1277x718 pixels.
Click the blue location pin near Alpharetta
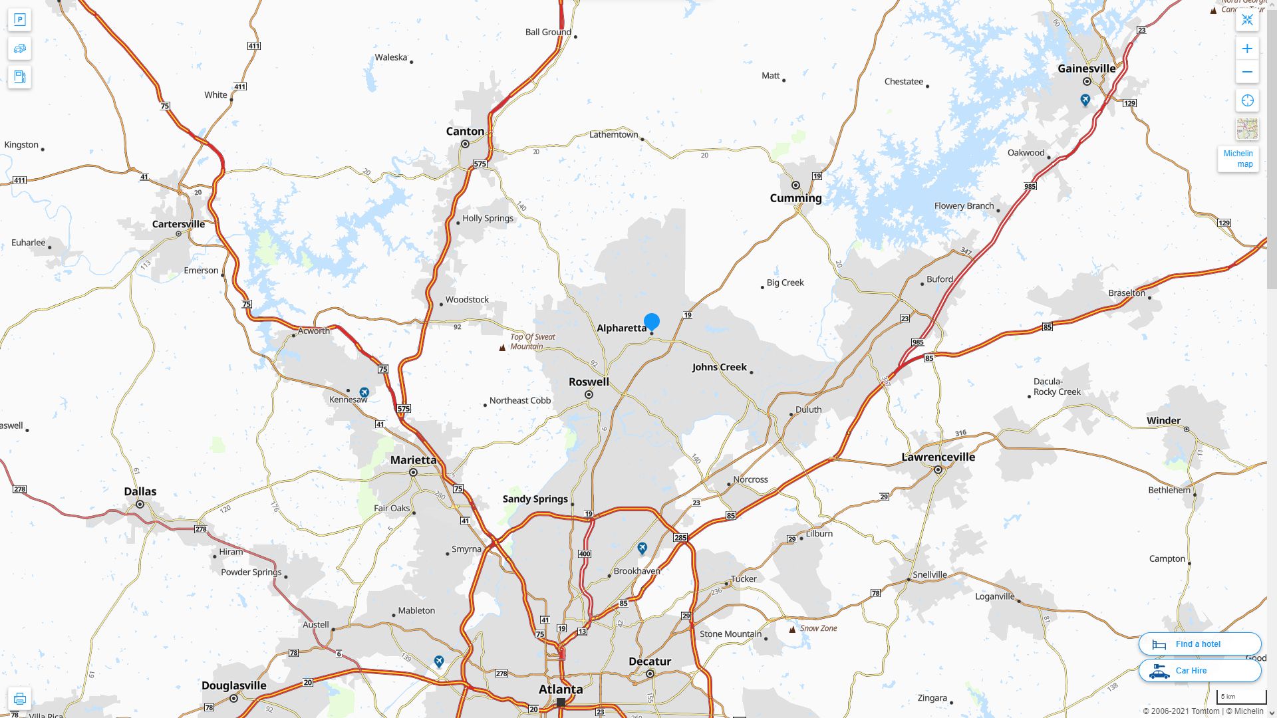coord(652,322)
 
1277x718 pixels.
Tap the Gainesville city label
coord(1086,68)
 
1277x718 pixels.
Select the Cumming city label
coord(795,198)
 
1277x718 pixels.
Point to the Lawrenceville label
coord(938,457)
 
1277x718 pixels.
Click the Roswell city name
coord(589,382)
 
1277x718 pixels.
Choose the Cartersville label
coord(178,224)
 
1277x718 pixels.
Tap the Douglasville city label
coord(233,685)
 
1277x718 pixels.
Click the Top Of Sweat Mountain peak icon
coord(502,347)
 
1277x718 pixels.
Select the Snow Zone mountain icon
coord(792,629)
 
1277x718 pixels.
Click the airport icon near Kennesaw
coord(364,392)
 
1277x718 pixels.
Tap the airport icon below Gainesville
coord(1085,100)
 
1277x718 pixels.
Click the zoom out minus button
coord(1247,72)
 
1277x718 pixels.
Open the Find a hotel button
coord(1199,644)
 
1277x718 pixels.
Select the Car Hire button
coord(1199,671)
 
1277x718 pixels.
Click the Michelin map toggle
coord(1238,158)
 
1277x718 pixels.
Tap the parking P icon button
coord(19,20)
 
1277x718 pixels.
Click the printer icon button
coord(19,699)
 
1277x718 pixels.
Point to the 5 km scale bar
coord(1241,697)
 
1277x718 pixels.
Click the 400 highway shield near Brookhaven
coord(585,554)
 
